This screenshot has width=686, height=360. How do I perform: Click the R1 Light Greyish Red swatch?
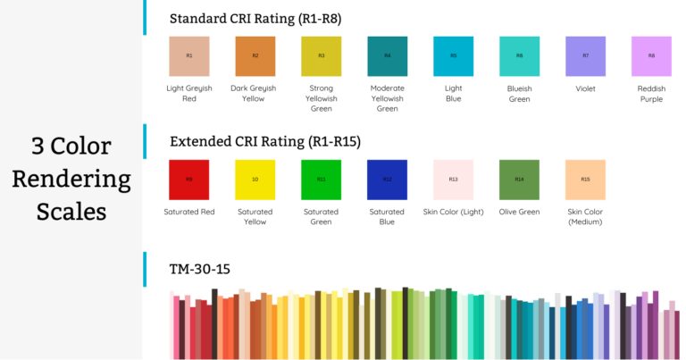click(189, 56)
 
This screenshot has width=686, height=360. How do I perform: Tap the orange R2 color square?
click(255, 56)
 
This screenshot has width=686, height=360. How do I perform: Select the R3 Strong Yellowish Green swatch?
click(322, 56)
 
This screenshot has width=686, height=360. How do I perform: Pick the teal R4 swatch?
click(388, 56)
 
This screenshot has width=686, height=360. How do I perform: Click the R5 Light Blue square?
click(454, 56)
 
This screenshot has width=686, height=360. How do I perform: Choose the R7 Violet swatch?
click(586, 56)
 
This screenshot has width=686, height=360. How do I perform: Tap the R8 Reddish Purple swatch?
click(651, 56)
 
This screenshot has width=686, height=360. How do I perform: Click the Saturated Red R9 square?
click(189, 180)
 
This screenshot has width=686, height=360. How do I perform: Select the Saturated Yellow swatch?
click(255, 180)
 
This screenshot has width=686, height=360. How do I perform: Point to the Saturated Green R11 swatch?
click(322, 180)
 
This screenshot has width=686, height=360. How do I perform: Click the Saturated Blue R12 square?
click(388, 180)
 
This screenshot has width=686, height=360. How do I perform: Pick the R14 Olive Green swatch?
click(519, 180)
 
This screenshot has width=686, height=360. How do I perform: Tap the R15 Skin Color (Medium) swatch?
click(585, 180)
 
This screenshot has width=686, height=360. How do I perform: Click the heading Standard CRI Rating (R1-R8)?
click(255, 18)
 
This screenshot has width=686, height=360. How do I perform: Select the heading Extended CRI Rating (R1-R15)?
click(265, 141)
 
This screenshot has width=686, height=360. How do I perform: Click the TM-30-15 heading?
click(200, 268)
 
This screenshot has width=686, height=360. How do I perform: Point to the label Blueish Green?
click(519, 94)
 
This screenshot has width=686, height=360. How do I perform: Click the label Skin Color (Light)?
click(453, 212)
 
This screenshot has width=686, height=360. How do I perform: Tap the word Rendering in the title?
click(71, 179)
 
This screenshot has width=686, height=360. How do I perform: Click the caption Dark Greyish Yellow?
click(255, 94)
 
